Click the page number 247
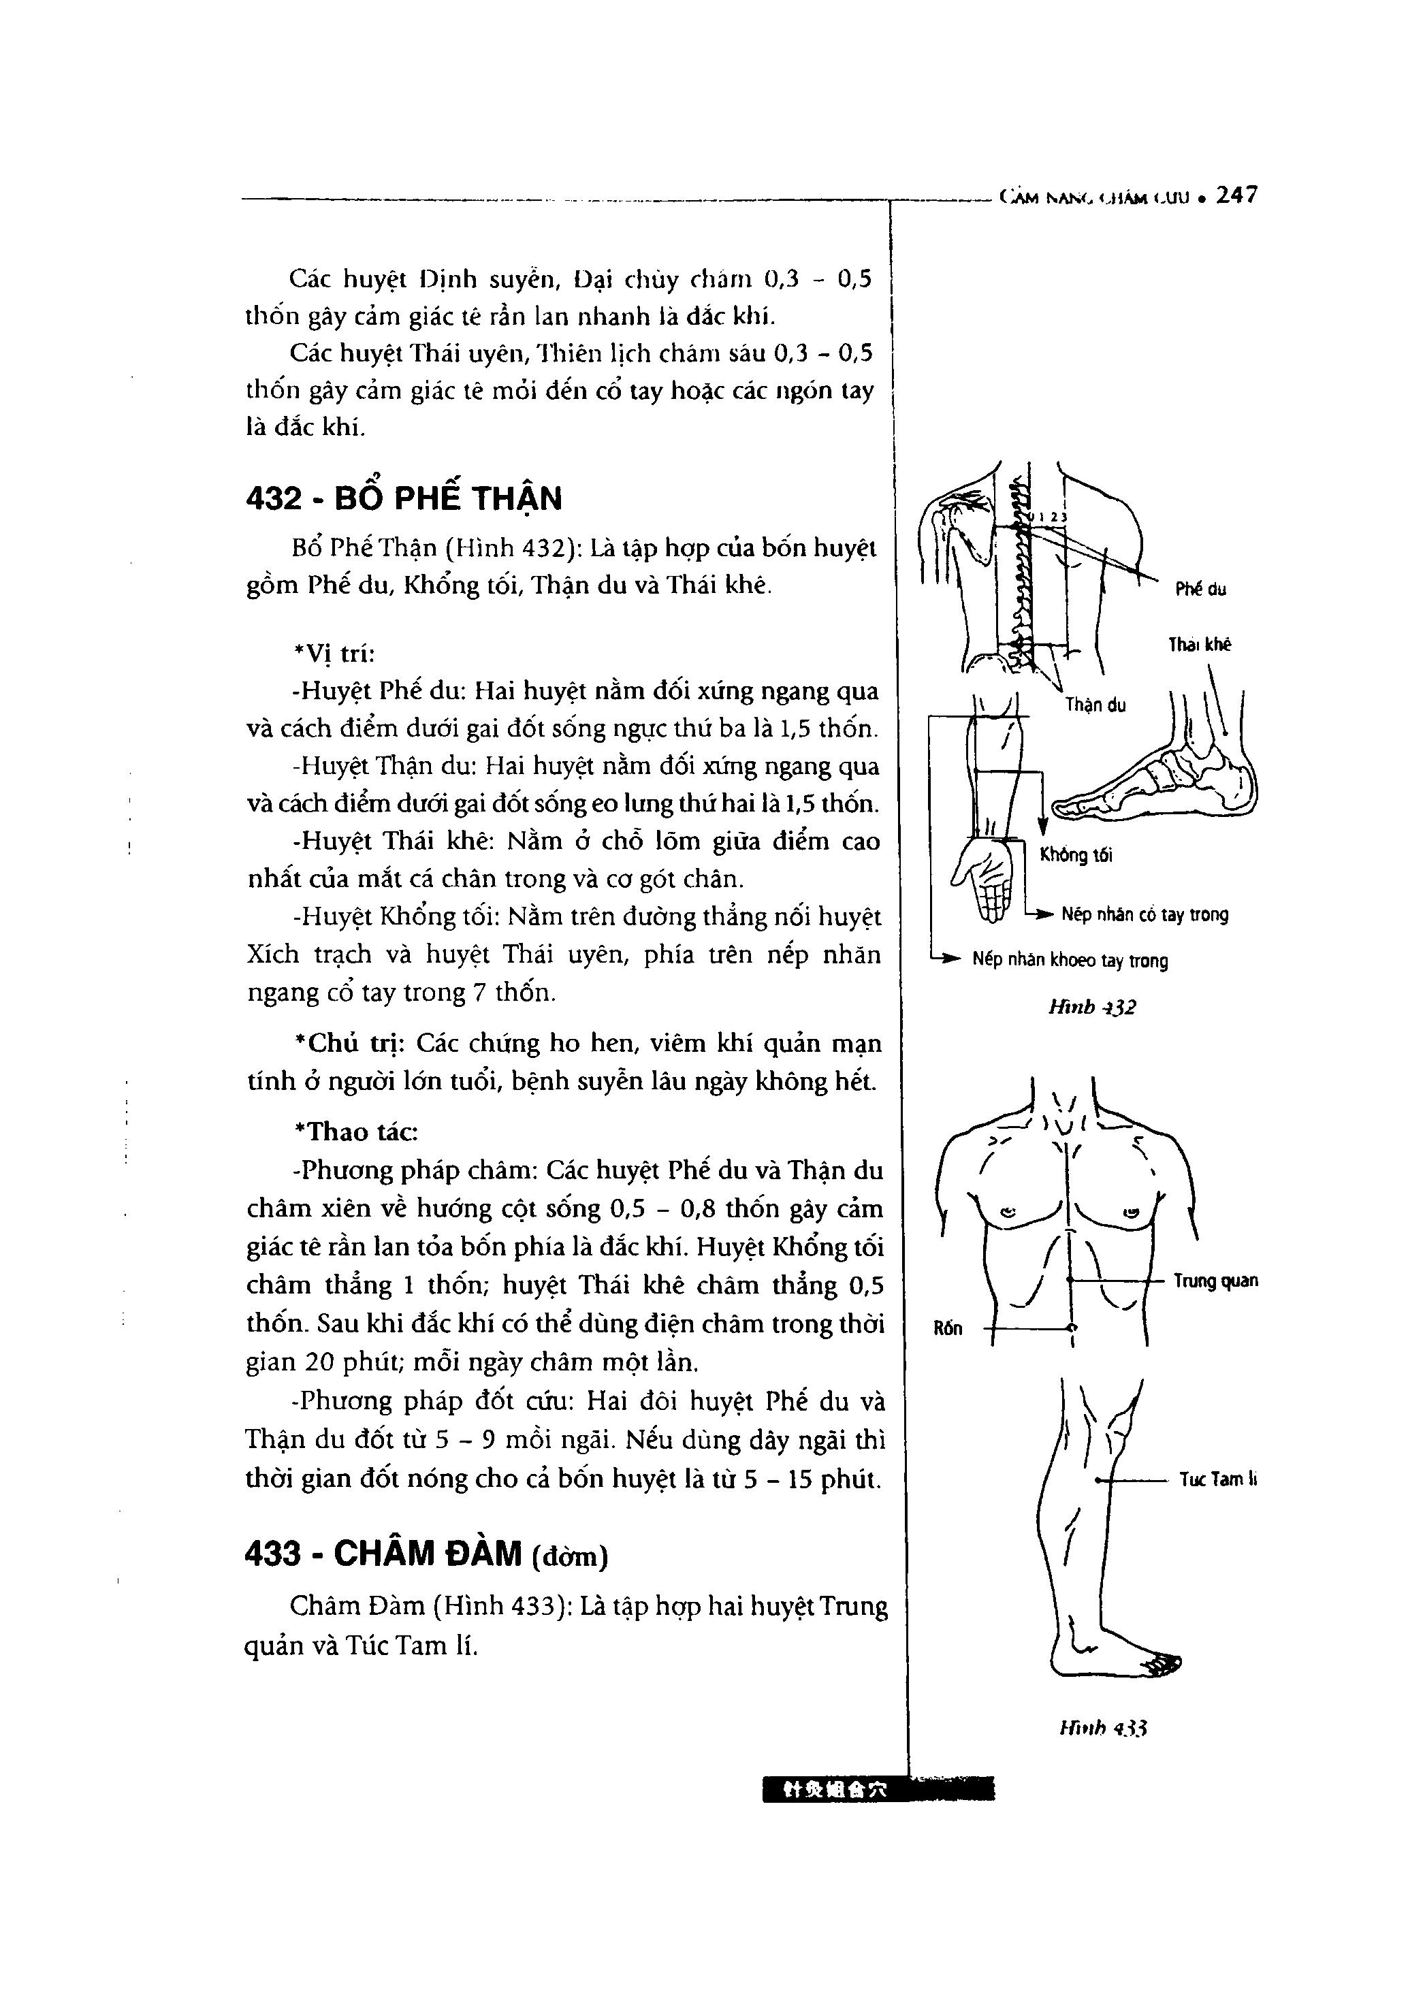coord(1236,196)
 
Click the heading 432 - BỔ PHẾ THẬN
coord(404,498)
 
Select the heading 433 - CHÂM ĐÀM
coord(427,1554)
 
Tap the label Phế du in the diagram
coord(1201,590)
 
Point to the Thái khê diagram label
coord(1199,645)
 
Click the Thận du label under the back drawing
coord(1096,705)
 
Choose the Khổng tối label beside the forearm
coord(1076,856)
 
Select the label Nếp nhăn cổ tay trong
coord(1145,914)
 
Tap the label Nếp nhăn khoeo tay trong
coord(1070,961)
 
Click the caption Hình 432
coord(1091,1007)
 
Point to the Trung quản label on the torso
coord(1215,1281)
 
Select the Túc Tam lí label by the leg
coord(1217,1480)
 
